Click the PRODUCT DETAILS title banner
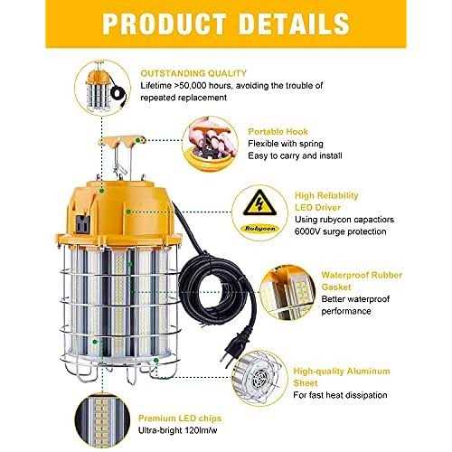click(x=226, y=22)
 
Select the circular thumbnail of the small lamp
click(x=101, y=89)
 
